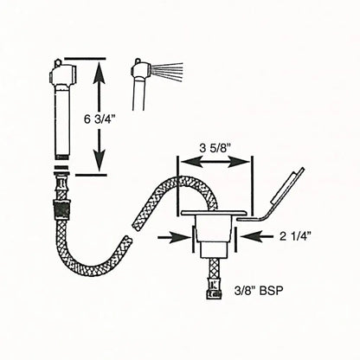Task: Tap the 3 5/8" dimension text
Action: tap(214, 148)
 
